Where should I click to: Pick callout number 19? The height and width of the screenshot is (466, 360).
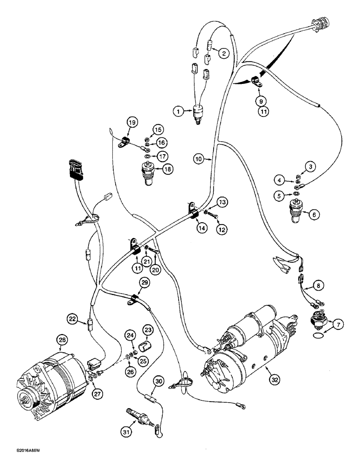(x=132, y=123)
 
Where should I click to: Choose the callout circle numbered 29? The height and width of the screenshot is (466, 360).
(x=144, y=283)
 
